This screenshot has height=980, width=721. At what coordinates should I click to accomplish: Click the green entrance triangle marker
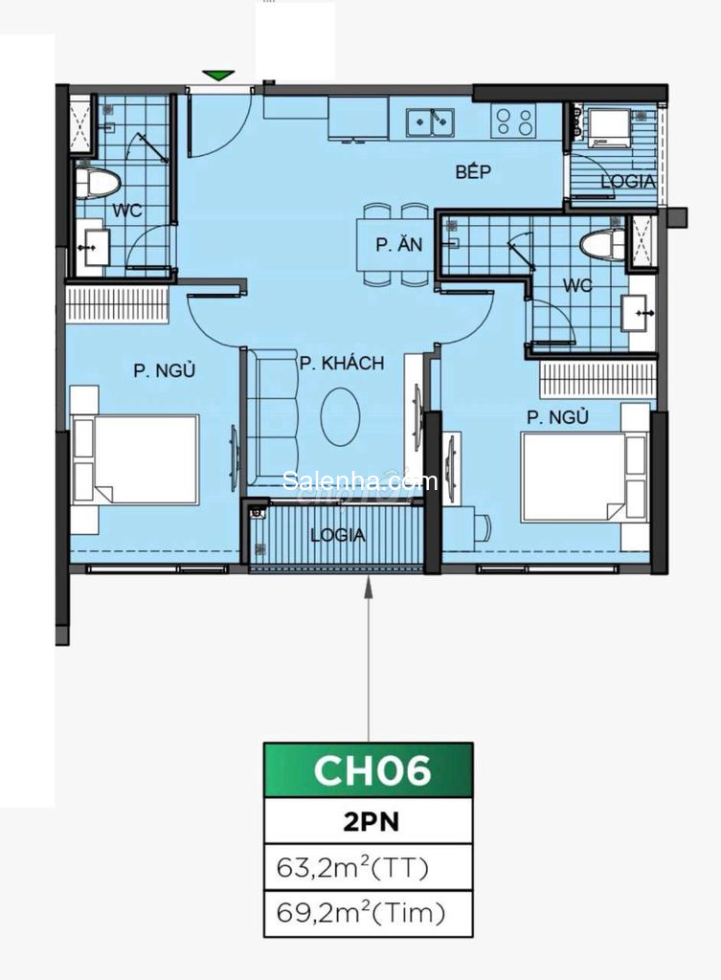[x=218, y=75]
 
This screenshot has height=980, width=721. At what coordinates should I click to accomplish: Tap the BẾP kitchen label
[x=473, y=172]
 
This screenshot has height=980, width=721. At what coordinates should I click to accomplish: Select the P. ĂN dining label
[x=399, y=244]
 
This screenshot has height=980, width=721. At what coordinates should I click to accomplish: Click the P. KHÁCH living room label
[x=342, y=363]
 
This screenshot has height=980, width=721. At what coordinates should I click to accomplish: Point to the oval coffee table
[x=340, y=416]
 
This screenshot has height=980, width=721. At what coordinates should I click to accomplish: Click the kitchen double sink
[x=430, y=122]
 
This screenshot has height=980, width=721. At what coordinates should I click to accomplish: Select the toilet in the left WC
[x=98, y=184]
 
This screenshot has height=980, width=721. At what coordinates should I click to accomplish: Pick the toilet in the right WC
[x=602, y=244]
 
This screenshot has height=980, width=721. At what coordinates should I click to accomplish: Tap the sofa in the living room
[x=271, y=416]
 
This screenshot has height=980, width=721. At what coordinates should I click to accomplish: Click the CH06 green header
[x=369, y=770]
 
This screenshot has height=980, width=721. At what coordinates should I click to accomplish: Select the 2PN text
[x=371, y=821]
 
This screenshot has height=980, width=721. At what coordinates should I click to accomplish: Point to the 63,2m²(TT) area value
[x=352, y=867]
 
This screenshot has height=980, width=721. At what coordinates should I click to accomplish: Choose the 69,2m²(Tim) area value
[x=361, y=913]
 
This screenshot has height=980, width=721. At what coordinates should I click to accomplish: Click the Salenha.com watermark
[x=360, y=480]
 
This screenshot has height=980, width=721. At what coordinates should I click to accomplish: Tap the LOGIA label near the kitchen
[x=628, y=182]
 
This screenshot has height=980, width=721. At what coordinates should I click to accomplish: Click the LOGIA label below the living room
[x=338, y=535]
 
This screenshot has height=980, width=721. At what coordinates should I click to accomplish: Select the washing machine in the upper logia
[x=607, y=128]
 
